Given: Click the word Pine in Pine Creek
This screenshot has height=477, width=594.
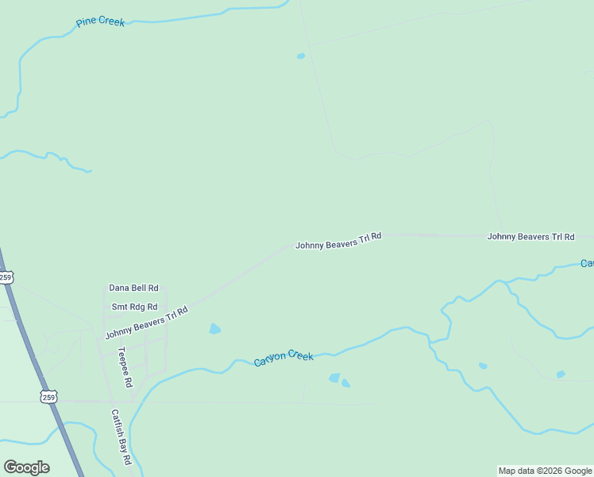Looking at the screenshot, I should pos(87,22).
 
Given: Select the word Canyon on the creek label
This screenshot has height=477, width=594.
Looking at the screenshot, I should pos(269,359).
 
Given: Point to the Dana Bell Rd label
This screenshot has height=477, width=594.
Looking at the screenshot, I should pos(133,288).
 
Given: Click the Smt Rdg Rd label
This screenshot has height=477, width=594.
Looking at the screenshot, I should pos(134,307).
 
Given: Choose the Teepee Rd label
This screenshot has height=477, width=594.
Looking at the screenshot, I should pos(125,366).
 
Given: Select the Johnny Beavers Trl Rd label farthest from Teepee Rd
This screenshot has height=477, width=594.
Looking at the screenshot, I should pos(530,236).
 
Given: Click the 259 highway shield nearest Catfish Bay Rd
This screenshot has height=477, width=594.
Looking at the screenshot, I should pos(49,397).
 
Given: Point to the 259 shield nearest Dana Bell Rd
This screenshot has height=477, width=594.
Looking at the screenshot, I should pos(6,277).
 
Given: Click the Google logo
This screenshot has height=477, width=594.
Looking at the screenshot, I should pos(26,467).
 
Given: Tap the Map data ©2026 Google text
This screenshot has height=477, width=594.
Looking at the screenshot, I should pos(545,471).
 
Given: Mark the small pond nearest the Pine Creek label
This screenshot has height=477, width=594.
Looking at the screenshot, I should pos(300,56).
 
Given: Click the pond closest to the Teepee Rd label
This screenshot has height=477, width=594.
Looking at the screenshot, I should pos(214,328).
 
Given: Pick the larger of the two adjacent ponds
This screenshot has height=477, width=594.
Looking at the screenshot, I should pos(334,378).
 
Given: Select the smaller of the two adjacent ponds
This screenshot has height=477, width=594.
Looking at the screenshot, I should pos(345,383).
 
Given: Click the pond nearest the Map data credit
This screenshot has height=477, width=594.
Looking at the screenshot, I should pos(561,374).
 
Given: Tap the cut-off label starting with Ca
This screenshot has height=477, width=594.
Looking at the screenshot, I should pos(587,263).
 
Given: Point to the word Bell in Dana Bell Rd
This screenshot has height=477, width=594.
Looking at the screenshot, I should pos(137,288).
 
